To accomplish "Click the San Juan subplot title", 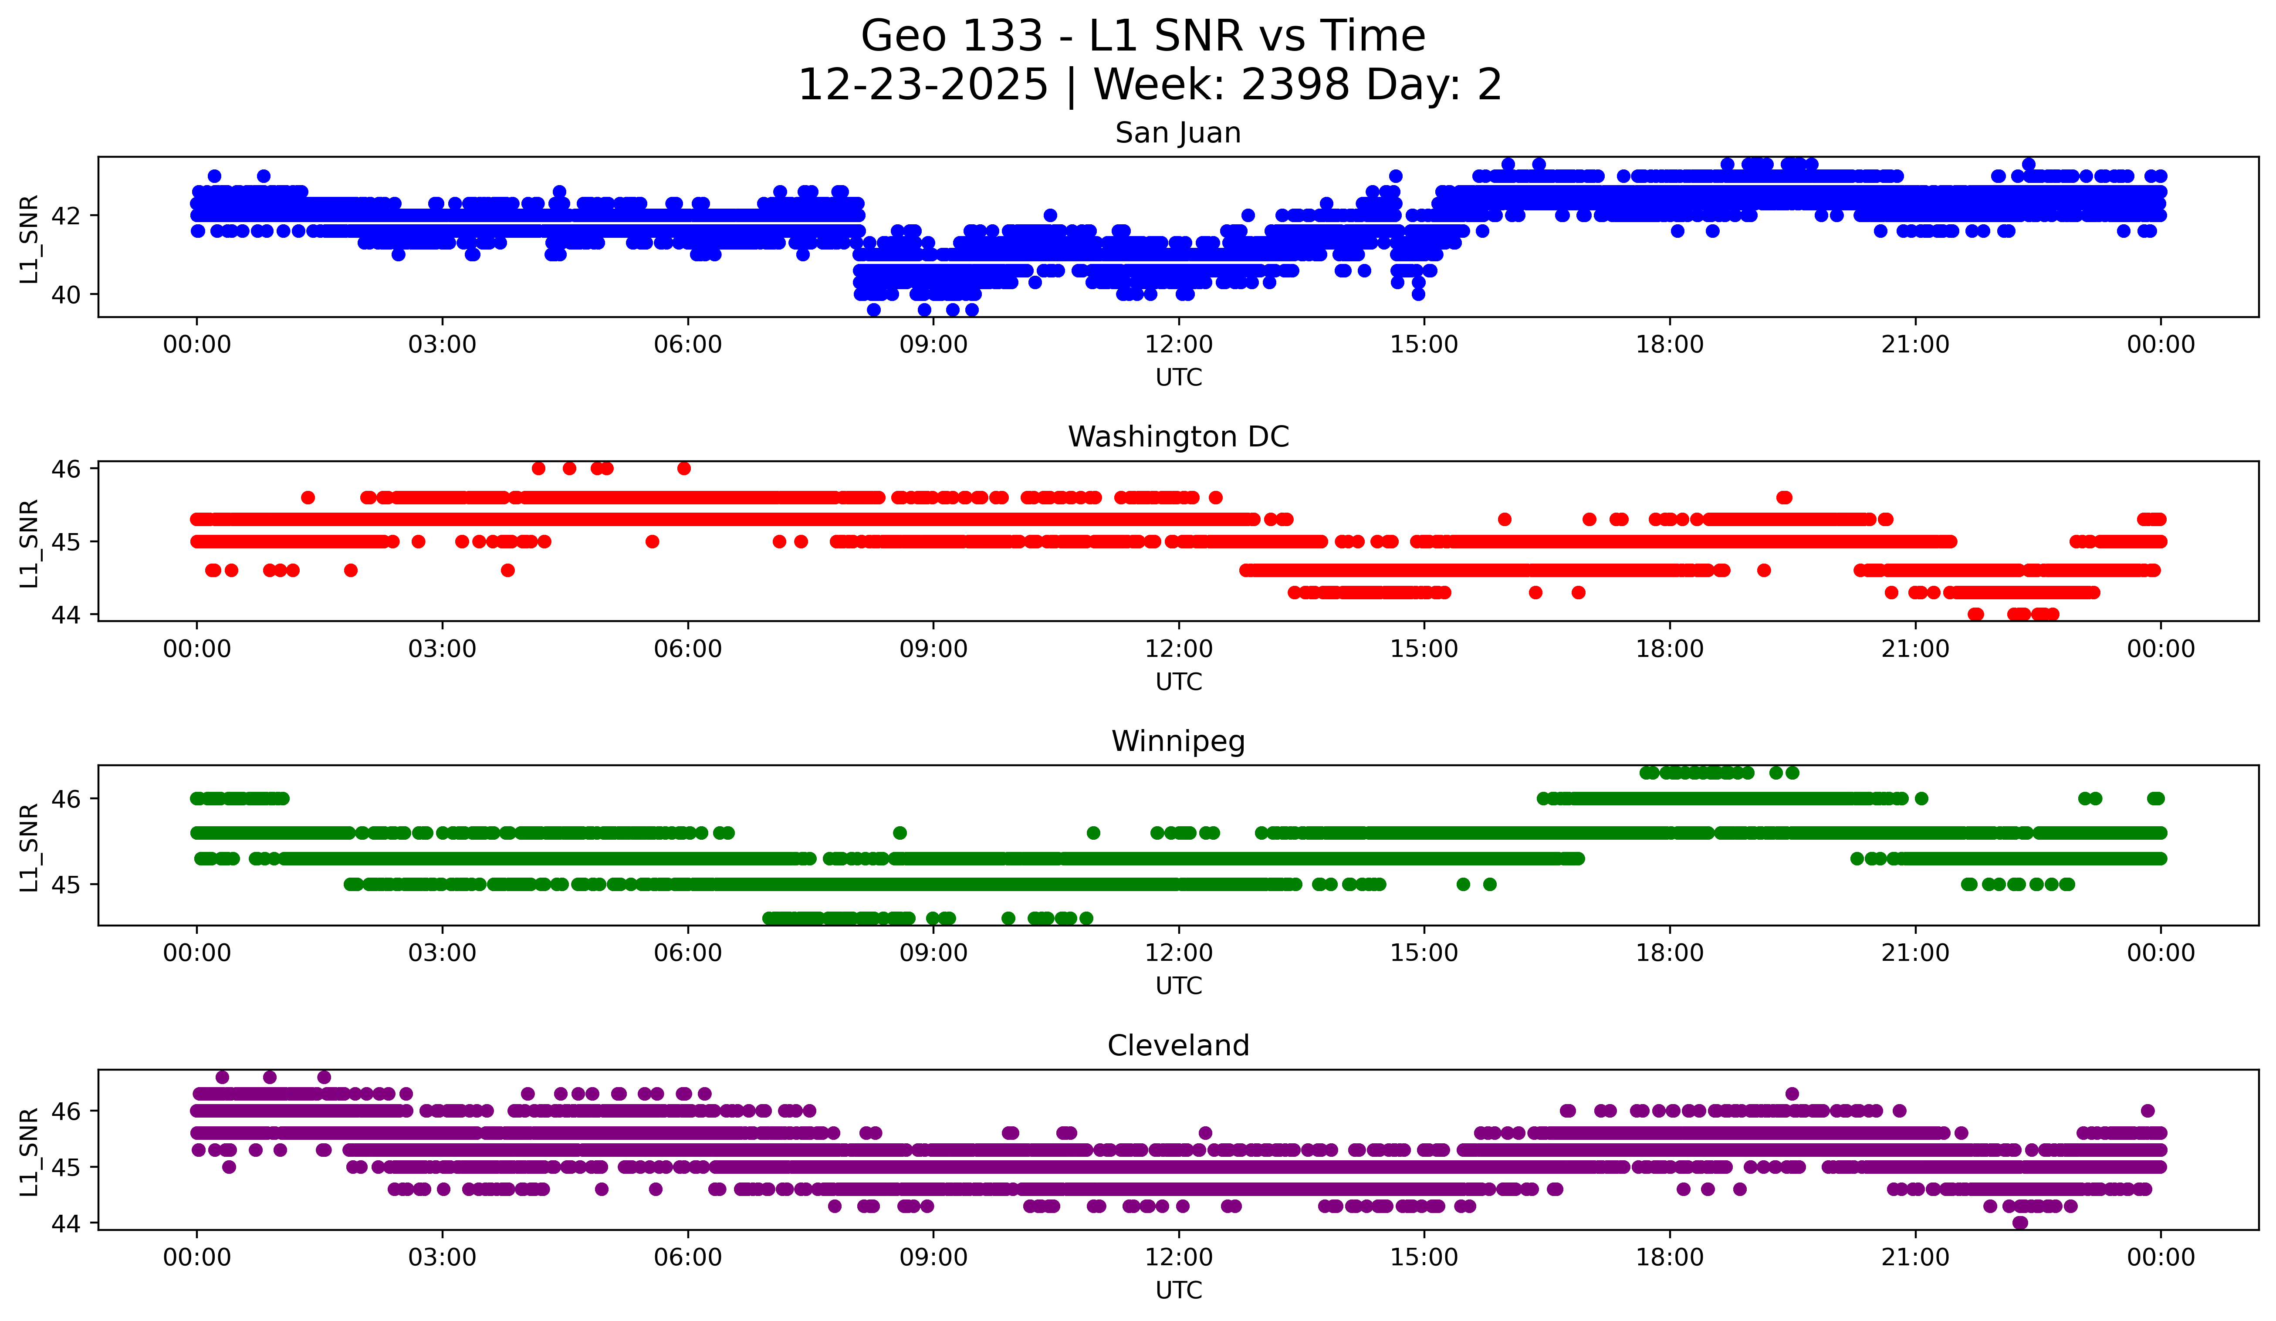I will pos(1178,133).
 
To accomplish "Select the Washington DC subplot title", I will pos(1178,437).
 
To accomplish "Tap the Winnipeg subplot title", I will pos(1178,741).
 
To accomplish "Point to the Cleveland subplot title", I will pos(1178,1046).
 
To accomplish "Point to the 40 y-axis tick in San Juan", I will pos(66,294).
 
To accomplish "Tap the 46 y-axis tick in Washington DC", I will pos(66,469).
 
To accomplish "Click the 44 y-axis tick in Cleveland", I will pos(66,1223).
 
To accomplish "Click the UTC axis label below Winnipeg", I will pos(1178,986).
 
